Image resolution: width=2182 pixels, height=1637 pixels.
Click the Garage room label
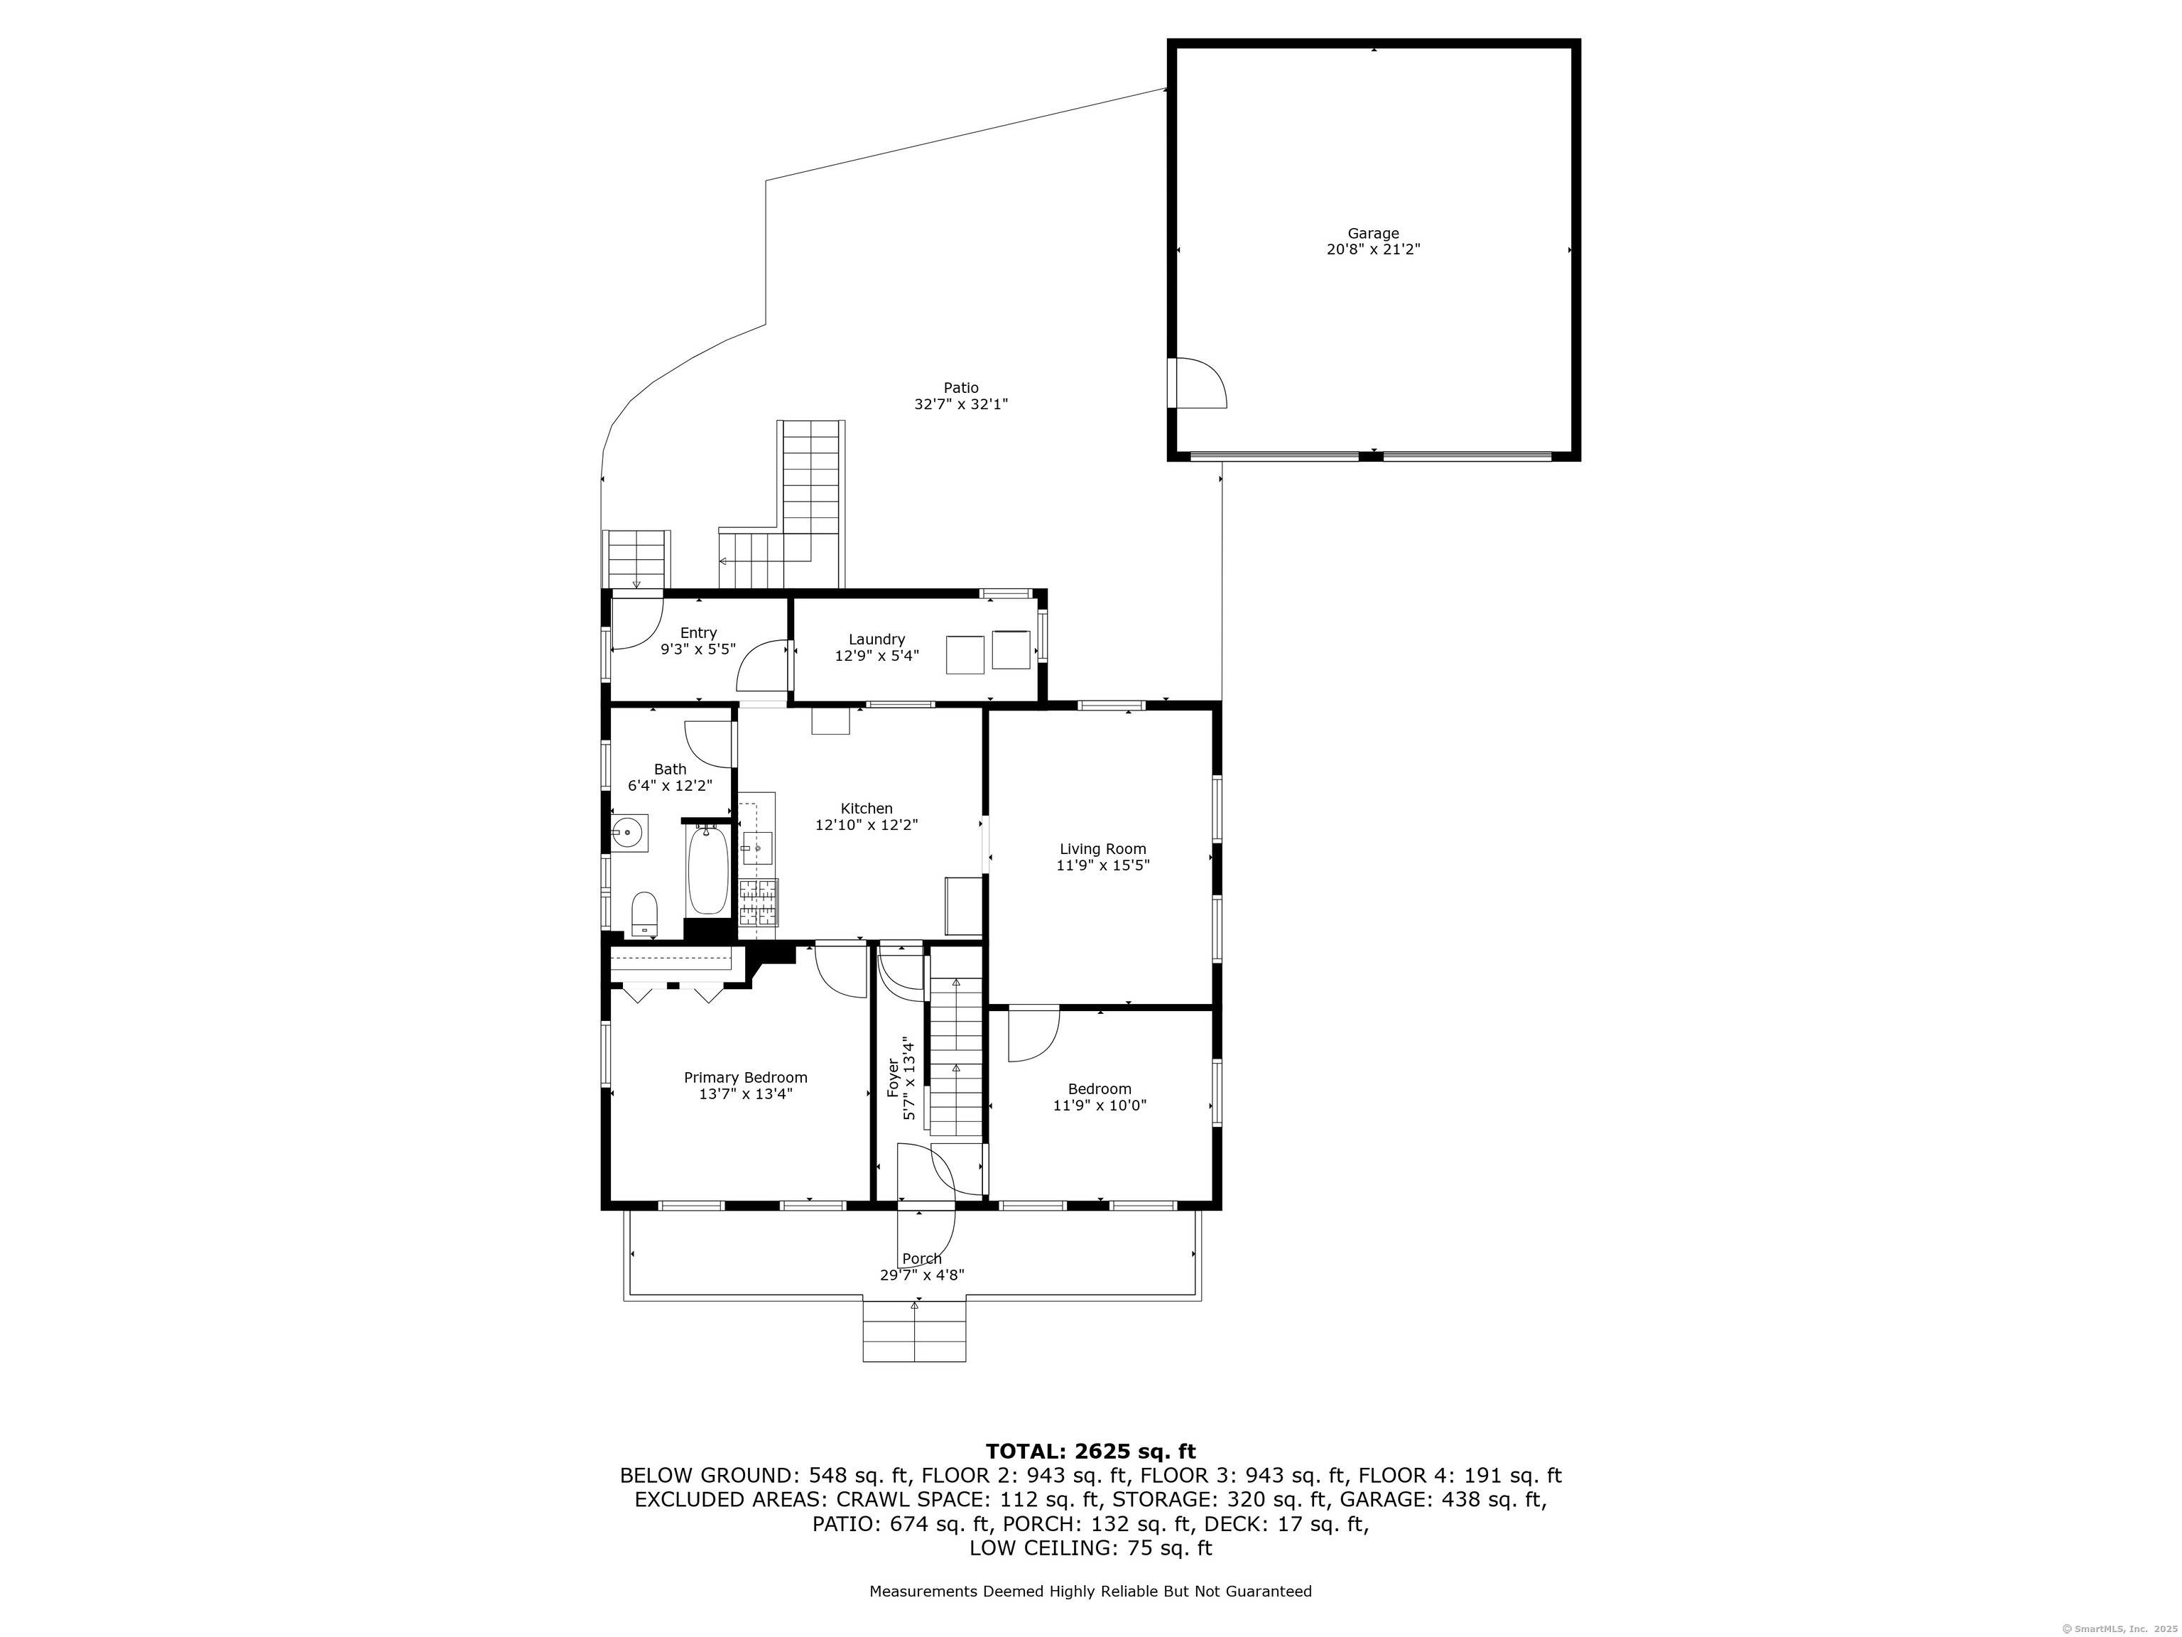coord(1373,234)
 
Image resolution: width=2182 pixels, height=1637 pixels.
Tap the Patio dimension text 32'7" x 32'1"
coord(961,404)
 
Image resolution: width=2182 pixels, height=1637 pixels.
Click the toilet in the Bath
coord(644,914)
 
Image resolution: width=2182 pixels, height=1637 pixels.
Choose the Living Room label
coord(1103,848)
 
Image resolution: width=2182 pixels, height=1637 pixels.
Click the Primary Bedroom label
coord(746,1078)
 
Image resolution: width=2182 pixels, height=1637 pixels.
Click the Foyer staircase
coord(956,1057)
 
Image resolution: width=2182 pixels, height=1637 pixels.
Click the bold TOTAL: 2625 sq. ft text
coord(1090,1452)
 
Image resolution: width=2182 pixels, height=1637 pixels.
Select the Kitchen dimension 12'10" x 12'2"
coord(866,825)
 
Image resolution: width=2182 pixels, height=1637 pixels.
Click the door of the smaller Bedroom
coord(1033,1034)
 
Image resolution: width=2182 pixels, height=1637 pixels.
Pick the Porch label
coord(921,1259)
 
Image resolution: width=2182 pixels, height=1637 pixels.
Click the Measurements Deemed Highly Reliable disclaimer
coord(1090,1592)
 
